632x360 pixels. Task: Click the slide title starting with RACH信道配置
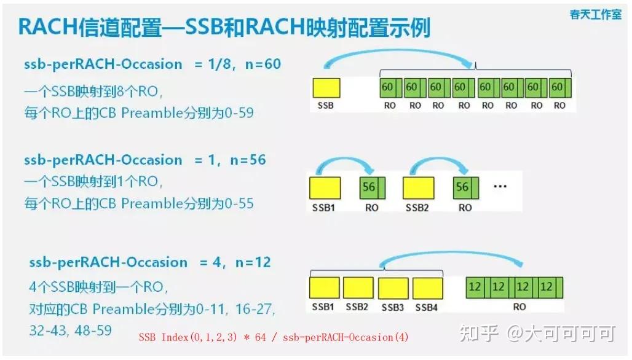click(224, 28)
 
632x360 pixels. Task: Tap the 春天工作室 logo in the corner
click(595, 14)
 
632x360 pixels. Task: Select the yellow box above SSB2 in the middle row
click(418, 187)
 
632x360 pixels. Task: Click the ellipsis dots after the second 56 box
click(500, 186)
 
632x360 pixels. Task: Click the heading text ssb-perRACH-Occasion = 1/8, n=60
click(152, 64)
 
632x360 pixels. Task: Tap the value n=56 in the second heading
click(248, 160)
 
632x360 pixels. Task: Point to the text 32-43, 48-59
click(70, 330)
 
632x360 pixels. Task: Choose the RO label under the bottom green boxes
click(519, 306)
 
